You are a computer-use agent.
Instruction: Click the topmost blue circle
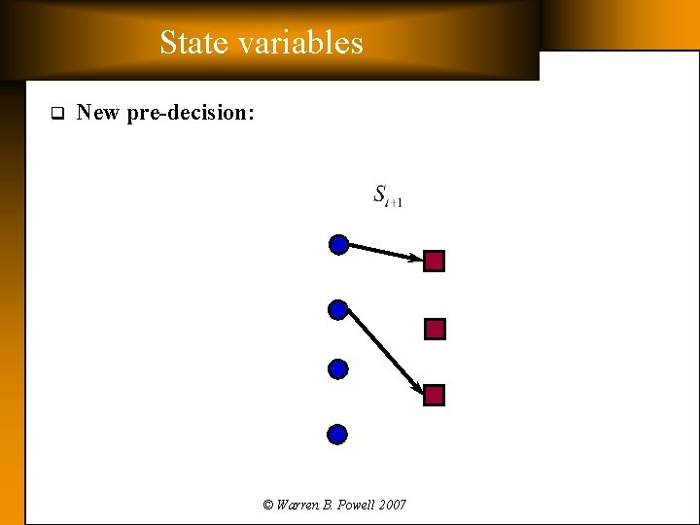[338, 244]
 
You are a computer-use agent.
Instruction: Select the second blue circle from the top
[338, 310]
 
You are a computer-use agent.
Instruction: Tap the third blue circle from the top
[338, 368]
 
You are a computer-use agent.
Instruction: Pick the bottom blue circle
[337, 434]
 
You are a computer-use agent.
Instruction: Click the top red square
[435, 262]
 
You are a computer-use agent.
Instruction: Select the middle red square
[435, 330]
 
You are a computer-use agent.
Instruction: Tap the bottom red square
[435, 396]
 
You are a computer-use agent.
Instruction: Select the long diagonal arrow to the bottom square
[385, 352]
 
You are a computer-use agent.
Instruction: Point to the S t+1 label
[388, 195]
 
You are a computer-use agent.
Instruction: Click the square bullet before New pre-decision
[55, 113]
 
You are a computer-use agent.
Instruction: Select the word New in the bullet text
[97, 113]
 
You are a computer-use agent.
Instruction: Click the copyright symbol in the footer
[268, 505]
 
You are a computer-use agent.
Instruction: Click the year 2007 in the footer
[393, 505]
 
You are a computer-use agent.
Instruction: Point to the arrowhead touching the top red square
[417, 259]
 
